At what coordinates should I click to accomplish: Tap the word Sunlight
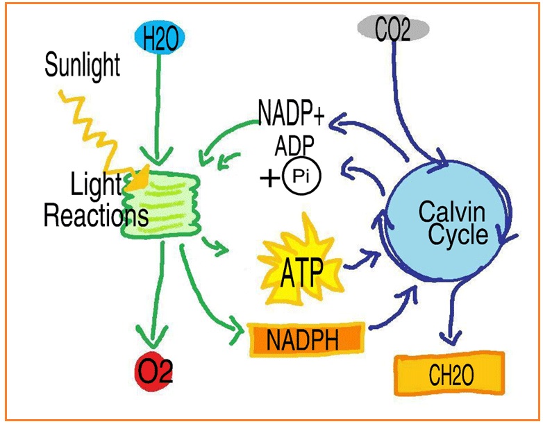click(82, 66)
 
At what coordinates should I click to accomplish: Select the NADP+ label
click(291, 112)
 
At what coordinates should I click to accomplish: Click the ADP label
click(294, 146)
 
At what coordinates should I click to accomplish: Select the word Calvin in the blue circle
click(452, 210)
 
